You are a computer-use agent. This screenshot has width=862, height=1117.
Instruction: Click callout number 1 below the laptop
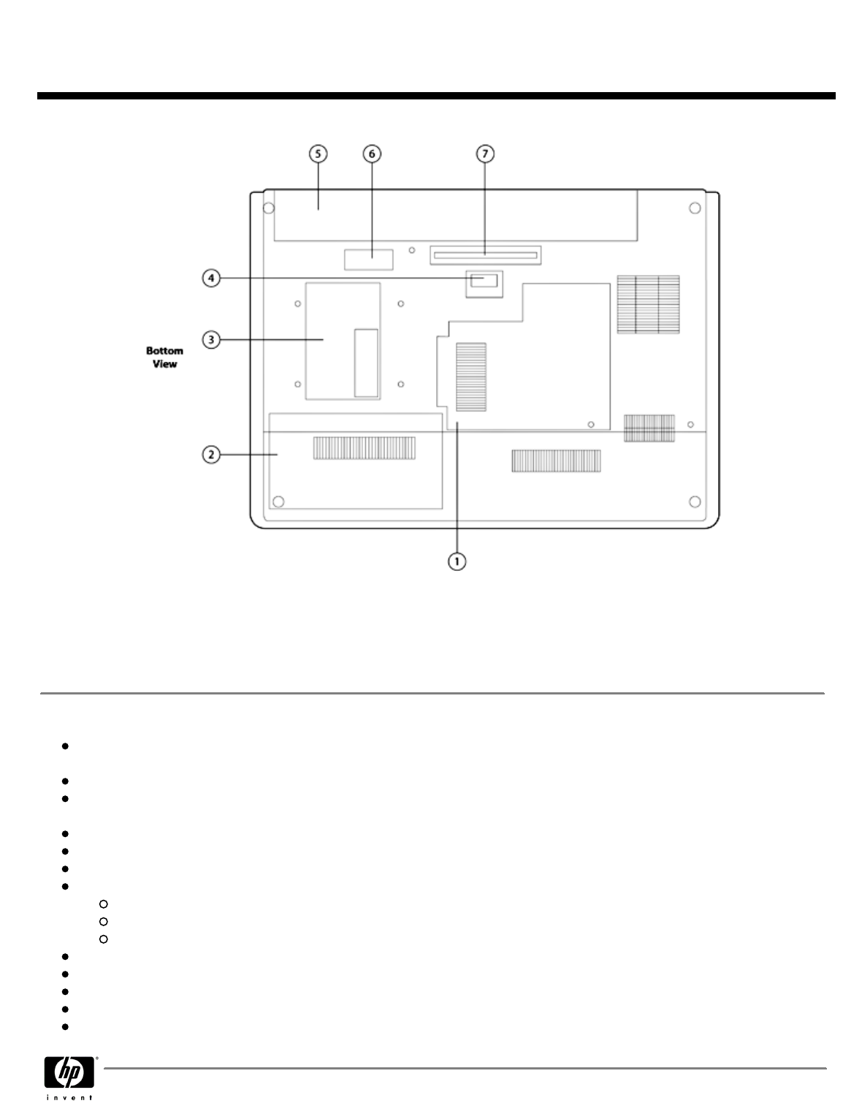[x=457, y=561]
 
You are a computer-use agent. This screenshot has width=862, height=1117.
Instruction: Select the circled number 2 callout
[x=210, y=455]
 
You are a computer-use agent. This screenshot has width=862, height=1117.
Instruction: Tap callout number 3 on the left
[x=210, y=340]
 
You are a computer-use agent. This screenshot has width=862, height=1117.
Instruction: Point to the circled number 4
[x=210, y=279]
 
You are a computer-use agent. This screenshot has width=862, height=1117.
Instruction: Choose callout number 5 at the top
[x=317, y=154]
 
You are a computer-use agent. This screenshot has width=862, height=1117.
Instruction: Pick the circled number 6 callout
[x=372, y=154]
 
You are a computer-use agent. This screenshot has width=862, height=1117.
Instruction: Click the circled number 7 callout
[x=485, y=154]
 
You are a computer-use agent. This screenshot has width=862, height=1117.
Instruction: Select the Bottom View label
[x=164, y=357]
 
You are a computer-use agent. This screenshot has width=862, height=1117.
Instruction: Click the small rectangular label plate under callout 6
[x=368, y=258]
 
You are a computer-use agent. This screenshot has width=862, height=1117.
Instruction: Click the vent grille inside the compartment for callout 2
[x=364, y=448]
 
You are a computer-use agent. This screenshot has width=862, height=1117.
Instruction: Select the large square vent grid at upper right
[x=648, y=304]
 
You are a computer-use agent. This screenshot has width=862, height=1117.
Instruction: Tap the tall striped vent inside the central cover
[x=471, y=376]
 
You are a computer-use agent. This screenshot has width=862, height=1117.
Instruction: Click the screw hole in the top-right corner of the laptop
[x=694, y=208]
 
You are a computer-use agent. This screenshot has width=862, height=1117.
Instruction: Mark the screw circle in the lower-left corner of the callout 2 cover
[x=278, y=501]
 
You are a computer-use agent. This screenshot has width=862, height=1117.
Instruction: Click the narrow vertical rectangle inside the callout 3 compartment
[x=366, y=363]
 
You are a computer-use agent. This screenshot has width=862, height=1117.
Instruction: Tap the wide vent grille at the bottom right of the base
[x=556, y=461]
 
